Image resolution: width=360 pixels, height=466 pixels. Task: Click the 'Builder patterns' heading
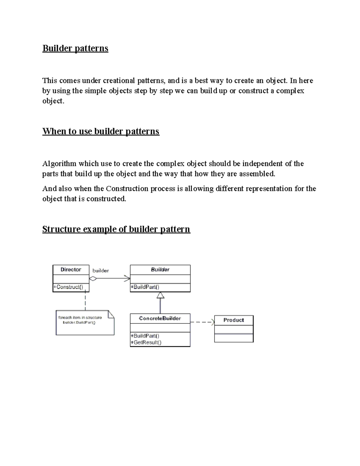pyautogui.click(x=75, y=48)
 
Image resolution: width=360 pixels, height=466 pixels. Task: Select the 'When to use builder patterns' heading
pyautogui.click(x=100, y=131)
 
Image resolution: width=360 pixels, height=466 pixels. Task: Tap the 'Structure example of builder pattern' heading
pyautogui.click(x=116, y=229)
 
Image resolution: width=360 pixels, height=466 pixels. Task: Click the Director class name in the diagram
pyautogui.click(x=71, y=269)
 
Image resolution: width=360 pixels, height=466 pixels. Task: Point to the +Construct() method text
pyautogui.click(x=68, y=287)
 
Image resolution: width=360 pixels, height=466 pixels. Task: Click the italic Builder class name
pyautogui.click(x=160, y=269)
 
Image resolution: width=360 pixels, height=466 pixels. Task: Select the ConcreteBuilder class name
pyautogui.click(x=160, y=318)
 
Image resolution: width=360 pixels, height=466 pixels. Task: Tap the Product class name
pyautogui.click(x=233, y=320)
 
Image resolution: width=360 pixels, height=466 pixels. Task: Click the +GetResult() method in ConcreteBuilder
pyautogui.click(x=146, y=342)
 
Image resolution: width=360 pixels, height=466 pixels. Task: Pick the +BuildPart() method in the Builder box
pyautogui.click(x=145, y=287)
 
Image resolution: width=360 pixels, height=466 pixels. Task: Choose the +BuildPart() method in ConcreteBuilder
pyautogui.click(x=145, y=336)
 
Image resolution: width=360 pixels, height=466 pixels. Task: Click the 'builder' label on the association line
pyautogui.click(x=100, y=271)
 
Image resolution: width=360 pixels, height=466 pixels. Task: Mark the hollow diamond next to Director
pyautogui.click(x=93, y=279)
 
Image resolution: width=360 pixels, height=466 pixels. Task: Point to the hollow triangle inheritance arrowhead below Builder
pyautogui.click(x=160, y=296)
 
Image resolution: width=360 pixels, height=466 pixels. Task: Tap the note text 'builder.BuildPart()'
pyautogui.click(x=79, y=323)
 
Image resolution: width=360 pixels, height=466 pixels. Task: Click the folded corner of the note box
pyautogui.click(x=111, y=314)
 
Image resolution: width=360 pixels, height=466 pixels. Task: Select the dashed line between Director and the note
pyautogui.click(x=85, y=301)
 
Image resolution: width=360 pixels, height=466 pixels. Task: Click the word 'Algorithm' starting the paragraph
pyautogui.click(x=59, y=164)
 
